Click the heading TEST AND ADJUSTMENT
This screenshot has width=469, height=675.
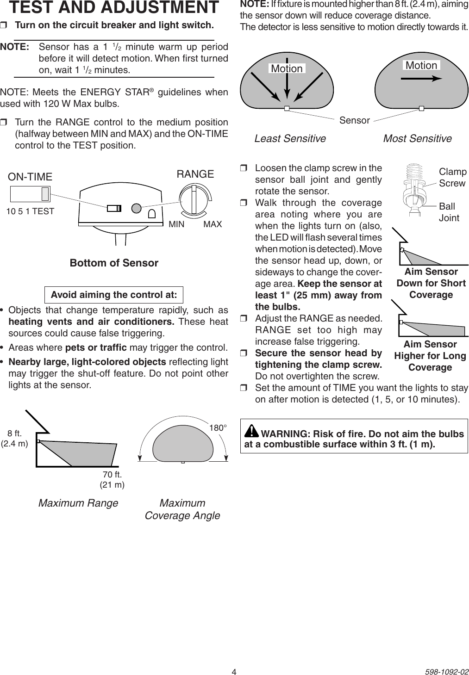[114, 8]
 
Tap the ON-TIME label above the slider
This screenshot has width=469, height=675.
[31, 177]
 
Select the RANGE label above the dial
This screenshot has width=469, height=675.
[195, 174]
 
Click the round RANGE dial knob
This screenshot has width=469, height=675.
[194, 199]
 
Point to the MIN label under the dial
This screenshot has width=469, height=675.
[176, 224]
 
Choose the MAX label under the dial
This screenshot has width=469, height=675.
[213, 224]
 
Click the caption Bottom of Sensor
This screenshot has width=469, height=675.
[114, 263]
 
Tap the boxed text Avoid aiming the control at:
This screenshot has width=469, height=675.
[114, 295]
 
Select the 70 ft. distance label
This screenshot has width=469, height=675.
[113, 474]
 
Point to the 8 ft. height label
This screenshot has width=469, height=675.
[15, 433]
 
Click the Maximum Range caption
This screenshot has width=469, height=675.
[78, 503]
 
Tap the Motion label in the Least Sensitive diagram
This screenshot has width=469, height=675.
[287, 68]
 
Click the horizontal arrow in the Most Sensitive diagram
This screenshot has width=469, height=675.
[421, 79]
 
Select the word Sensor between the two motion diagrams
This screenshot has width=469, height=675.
[355, 121]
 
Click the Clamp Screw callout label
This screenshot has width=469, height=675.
[452, 177]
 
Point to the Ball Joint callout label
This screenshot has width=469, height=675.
[449, 212]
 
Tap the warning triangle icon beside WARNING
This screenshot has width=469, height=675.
[251, 431]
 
